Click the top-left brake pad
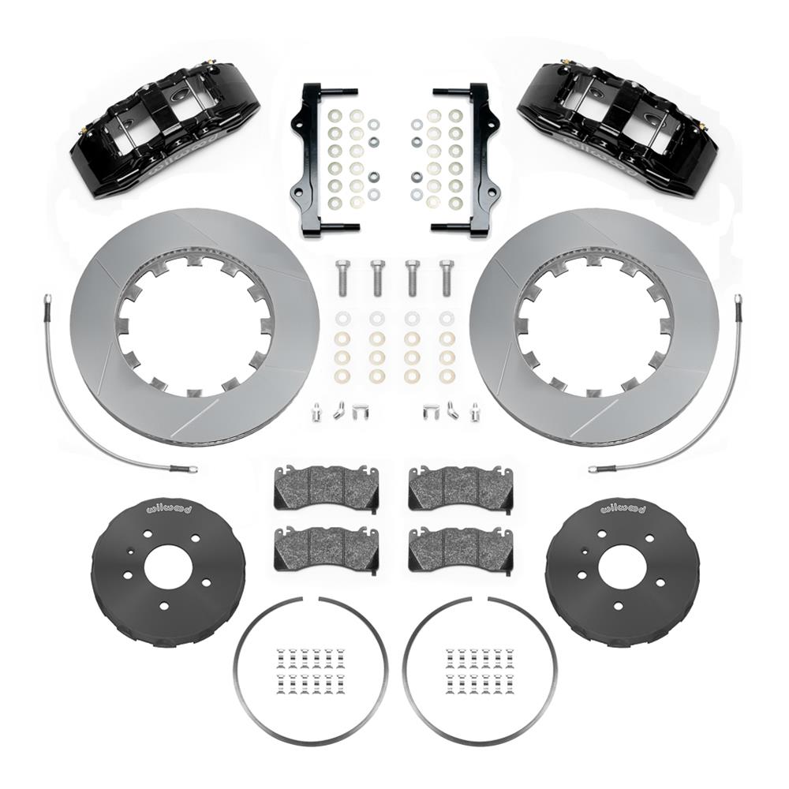point(326,488)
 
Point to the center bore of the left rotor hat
point(167,567)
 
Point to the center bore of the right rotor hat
point(622,567)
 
